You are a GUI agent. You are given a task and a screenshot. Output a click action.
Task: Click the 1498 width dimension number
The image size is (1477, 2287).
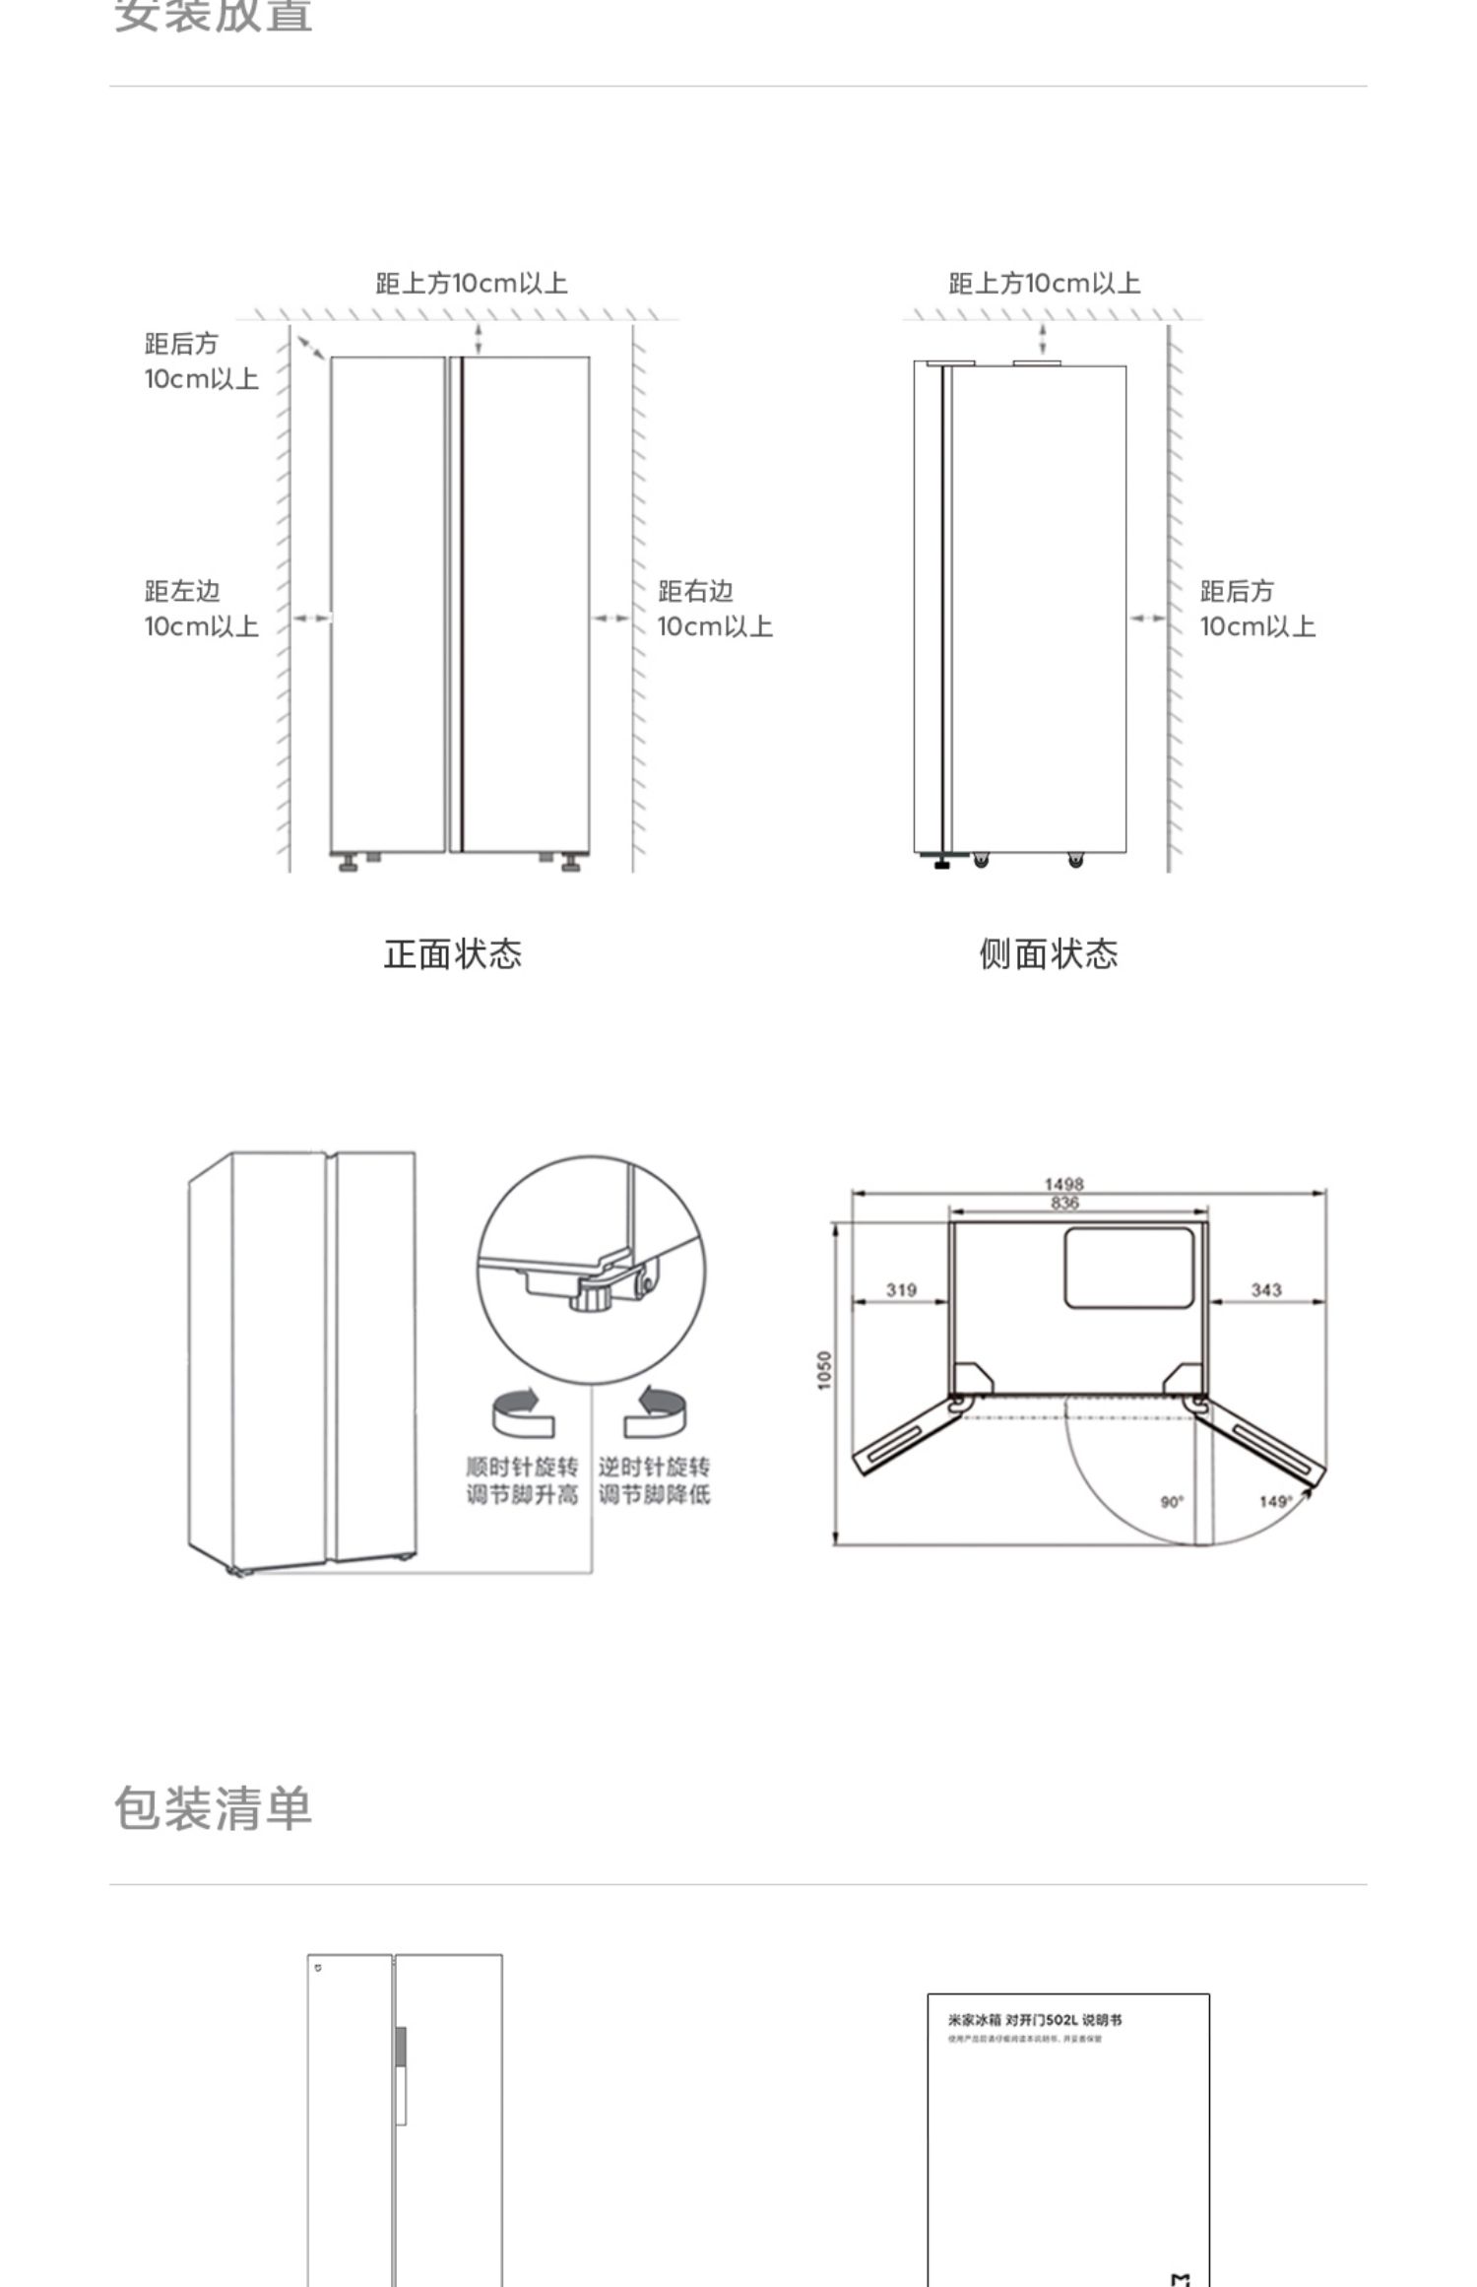pyautogui.click(x=1063, y=1184)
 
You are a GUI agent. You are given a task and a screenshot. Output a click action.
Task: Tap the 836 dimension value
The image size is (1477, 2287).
pyautogui.click(x=1064, y=1203)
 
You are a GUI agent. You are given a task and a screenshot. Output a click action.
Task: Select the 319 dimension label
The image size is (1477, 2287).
pyautogui.click(x=901, y=1289)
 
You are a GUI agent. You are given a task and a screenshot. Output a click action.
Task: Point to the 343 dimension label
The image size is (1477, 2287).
pyautogui.click(x=1265, y=1289)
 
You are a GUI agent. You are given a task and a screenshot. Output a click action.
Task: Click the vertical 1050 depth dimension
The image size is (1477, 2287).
pyautogui.click(x=825, y=1370)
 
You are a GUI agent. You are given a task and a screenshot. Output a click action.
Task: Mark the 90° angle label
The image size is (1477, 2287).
pyautogui.click(x=1172, y=1501)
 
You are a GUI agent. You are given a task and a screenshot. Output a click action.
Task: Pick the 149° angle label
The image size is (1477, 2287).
pyautogui.click(x=1274, y=1501)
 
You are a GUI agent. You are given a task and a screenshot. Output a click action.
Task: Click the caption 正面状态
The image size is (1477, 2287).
pyautogui.click(x=452, y=953)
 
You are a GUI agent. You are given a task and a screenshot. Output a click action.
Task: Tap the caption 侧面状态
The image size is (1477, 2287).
pyautogui.click(x=1048, y=953)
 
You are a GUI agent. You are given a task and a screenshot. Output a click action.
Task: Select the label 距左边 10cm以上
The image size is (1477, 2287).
pyautogui.click(x=201, y=609)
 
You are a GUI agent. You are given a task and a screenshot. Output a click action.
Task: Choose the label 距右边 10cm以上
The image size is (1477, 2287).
pyautogui.click(x=715, y=609)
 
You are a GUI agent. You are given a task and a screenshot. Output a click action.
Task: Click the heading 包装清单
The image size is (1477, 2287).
pyautogui.click(x=213, y=1809)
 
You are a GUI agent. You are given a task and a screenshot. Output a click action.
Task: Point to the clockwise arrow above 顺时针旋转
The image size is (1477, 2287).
pyautogui.click(x=523, y=1412)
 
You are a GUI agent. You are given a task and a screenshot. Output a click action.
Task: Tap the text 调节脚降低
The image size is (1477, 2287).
pyautogui.click(x=654, y=1495)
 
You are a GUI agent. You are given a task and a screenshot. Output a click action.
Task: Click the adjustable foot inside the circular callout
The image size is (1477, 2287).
pyautogui.click(x=592, y=1293)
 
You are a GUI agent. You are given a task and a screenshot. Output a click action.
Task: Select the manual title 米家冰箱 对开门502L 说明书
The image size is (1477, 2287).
pyautogui.click(x=1035, y=2020)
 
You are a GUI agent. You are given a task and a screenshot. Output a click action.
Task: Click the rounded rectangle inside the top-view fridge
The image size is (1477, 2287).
pyautogui.click(x=1128, y=1268)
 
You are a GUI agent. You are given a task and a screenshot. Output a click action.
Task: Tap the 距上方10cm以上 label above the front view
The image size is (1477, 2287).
pyautogui.click(x=472, y=284)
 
